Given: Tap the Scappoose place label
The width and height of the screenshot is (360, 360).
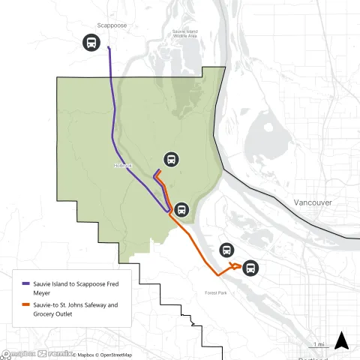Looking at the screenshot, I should tap(110, 25).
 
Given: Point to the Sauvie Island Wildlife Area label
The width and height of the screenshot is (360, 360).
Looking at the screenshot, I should tap(184, 34).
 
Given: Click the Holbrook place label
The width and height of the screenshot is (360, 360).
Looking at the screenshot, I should tap(122, 166).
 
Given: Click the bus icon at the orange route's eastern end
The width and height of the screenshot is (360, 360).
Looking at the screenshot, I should tap(250, 268).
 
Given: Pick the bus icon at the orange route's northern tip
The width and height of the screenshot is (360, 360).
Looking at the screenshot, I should tap(172, 160).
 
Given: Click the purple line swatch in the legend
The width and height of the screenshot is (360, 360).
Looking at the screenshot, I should tap(25, 284).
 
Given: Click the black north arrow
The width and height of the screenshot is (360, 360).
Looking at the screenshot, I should tap(341, 341).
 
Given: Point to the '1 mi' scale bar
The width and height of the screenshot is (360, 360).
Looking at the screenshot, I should tap(318, 346).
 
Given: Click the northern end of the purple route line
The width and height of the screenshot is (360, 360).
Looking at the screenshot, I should tap(109, 48).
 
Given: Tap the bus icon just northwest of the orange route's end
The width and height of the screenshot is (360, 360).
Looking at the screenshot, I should tap(226, 250).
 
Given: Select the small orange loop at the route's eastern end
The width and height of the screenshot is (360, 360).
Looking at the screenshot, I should tap(236, 266).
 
